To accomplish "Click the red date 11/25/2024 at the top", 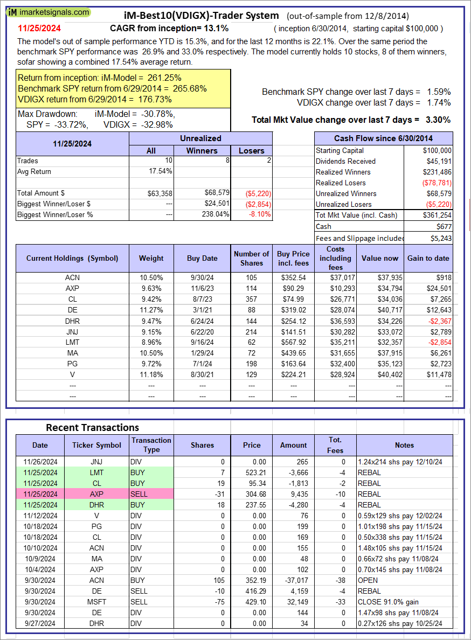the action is point(39,28).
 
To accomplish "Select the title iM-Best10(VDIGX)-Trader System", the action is point(201,16).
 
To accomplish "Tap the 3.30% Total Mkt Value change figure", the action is point(438,120).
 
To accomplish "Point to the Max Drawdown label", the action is point(47,114).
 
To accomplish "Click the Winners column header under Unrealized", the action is point(202,151).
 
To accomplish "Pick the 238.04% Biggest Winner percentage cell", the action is point(216,214).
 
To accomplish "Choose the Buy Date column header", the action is point(202,259).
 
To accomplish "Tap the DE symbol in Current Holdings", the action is point(72,310).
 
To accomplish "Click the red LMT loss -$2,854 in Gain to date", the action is point(440,342).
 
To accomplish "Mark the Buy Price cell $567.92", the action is point(293,342).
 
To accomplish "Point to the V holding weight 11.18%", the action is point(151,374).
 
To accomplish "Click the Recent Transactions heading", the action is point(92,427).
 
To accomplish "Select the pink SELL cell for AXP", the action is point(151,494).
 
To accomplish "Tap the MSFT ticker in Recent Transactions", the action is point(96,602).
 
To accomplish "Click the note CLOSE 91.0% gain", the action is point(388,602).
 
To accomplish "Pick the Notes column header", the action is point(404,446).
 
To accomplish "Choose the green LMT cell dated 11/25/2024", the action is point(96,472).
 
